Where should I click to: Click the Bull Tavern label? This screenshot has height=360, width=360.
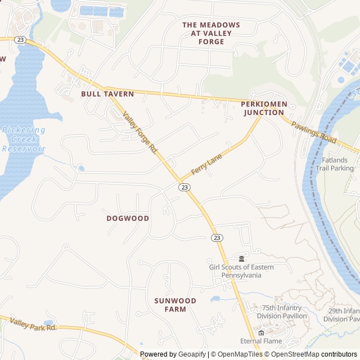point(107,94)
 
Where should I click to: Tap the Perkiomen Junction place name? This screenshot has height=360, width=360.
point(264,108)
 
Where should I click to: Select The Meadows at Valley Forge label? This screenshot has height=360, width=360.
point(211,33)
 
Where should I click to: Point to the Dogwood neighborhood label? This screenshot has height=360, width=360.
point(128,218)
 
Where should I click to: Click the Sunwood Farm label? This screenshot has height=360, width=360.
point(175,305)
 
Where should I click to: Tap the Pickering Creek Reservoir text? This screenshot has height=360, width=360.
point(23,139)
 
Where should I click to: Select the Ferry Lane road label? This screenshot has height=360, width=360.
point(206,165)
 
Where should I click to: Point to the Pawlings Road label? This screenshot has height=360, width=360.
point(313,132)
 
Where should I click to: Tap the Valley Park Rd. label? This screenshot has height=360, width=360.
point(33,325)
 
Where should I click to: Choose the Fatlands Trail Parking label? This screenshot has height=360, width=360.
point(335,164)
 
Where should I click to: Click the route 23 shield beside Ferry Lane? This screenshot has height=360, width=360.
point(184,187)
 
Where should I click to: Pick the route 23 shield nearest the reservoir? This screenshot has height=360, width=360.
point(20,39)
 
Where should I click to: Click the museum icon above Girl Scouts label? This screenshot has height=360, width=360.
point(241,258)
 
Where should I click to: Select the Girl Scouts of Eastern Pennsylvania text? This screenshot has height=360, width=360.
point(241,271)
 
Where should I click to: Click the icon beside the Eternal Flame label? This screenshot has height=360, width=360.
point(261,332)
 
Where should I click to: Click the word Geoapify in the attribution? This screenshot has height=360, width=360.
point(192,354)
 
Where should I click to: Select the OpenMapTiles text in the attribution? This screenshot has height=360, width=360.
point(240,354)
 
